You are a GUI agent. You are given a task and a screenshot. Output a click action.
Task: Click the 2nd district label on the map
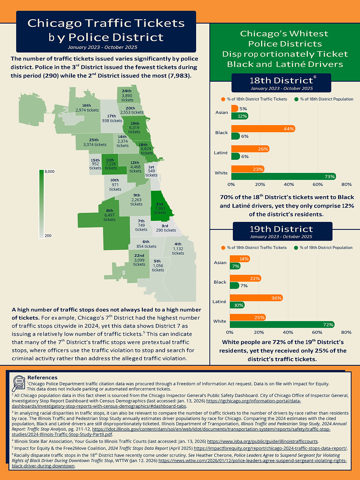(160, 208)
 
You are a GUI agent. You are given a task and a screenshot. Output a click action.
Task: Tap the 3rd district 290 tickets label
(166, 228)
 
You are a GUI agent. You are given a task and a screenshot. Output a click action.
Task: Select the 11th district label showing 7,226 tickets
(111, 164)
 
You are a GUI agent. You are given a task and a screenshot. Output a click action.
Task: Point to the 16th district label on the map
(87, 108)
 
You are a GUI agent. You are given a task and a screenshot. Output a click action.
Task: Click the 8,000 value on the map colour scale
(49, 172)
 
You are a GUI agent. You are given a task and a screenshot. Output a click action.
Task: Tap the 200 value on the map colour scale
(48, 235)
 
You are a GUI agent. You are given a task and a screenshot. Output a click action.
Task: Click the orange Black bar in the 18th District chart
(263, 129)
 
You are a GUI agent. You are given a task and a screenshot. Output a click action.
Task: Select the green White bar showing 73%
(283, 177)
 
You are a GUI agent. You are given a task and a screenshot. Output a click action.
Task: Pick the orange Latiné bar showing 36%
(256, 298)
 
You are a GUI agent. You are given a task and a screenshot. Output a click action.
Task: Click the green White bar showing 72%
(282, 325)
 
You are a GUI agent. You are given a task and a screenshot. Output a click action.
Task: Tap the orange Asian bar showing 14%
(240, 259)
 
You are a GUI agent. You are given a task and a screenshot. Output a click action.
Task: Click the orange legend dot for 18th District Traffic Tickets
(223, 99)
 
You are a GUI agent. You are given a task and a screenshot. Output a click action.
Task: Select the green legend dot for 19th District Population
(296, 248)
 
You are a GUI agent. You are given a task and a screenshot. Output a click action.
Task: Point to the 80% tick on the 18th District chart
(346, 184)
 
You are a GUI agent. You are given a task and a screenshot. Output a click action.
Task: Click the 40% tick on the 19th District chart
(288, 332)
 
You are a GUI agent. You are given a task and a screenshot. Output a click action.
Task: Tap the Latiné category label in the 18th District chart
(221, 153)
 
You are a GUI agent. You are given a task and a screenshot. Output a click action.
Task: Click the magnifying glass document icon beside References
(18, 383)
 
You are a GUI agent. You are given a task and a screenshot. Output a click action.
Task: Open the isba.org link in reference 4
(263, 441)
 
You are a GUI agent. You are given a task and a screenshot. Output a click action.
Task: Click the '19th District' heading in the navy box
(281, 229)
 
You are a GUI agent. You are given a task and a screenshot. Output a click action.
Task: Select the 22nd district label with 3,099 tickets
(139, 260)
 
